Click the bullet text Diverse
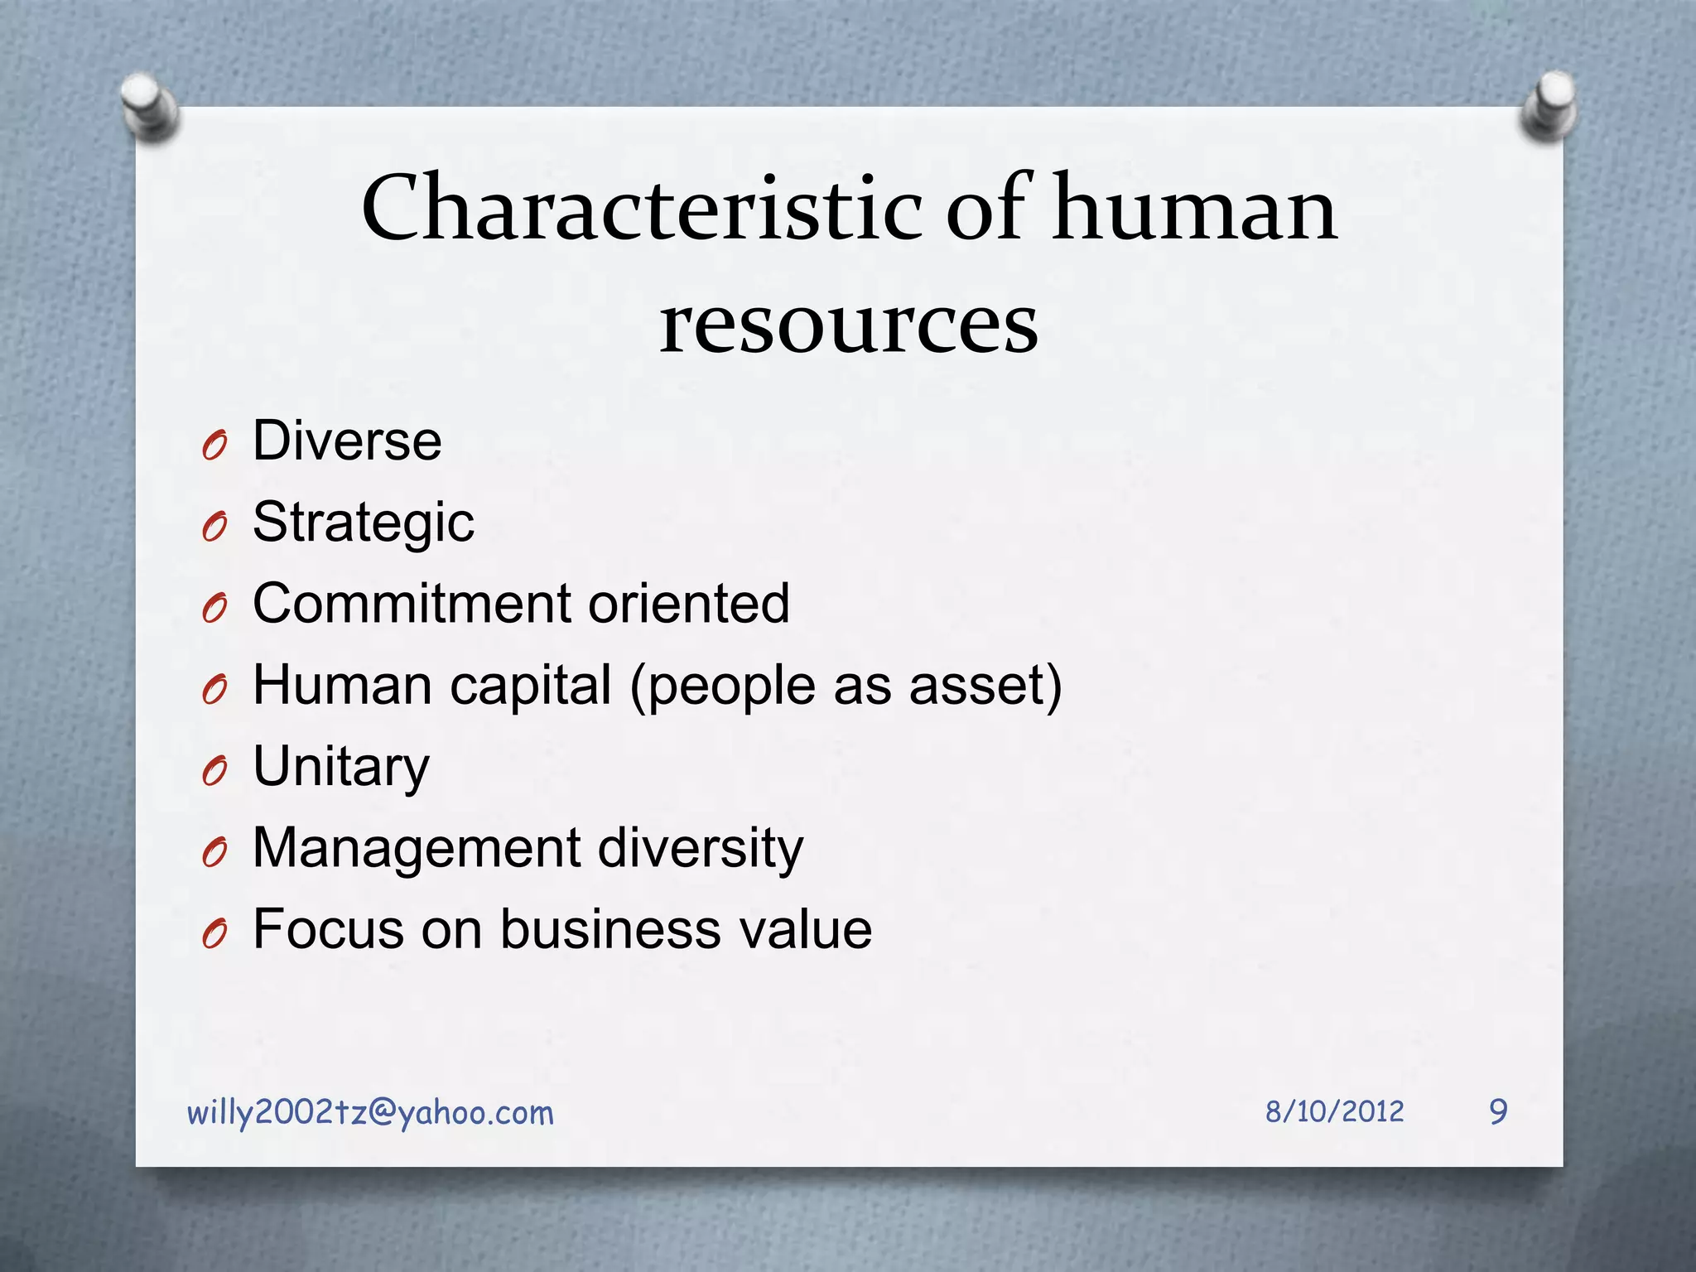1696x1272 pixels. click(347, 441)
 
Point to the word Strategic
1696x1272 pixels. click(364, 523)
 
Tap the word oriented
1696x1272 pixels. click(688, 603)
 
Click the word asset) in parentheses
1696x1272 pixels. click(985, 686)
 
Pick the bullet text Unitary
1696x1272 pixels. click(341, 767)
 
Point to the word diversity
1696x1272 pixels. click(700, 848)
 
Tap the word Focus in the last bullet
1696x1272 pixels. click(327, 929)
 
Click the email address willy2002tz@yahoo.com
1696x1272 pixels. click(370, 1113)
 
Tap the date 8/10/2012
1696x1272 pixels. click(1334, 1111)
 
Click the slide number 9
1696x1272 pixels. click(1498, 1111)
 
